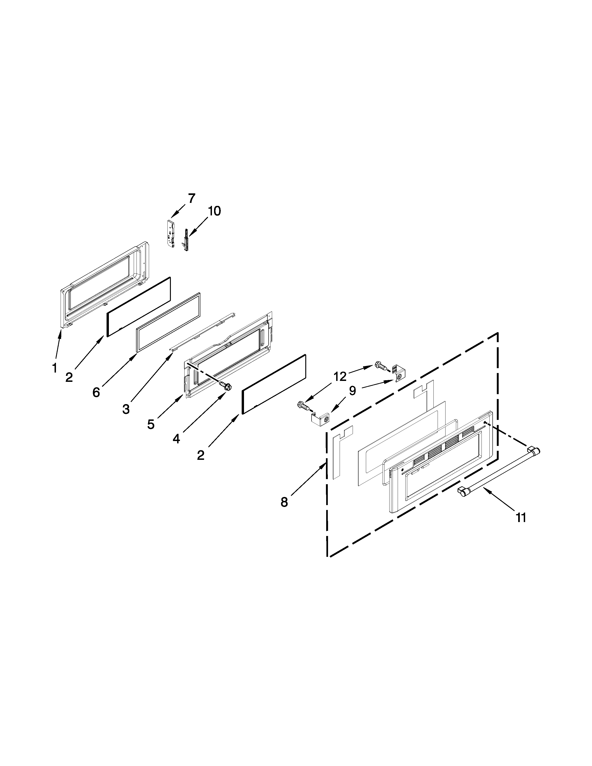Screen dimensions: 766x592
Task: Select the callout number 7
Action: [x=191, y=198]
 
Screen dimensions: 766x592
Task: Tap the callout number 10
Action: [x=214, y=211]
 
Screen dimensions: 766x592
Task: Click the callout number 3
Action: [x=126, y=409]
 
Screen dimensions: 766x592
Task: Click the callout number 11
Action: [x=521, y=517]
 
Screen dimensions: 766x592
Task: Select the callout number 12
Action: [x=339, y=377]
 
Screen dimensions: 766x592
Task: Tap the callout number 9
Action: [x=352, y=390]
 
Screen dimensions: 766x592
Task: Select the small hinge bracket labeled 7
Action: [x=171, y=235]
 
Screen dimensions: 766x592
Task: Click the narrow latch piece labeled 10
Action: [x=185, y=240]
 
